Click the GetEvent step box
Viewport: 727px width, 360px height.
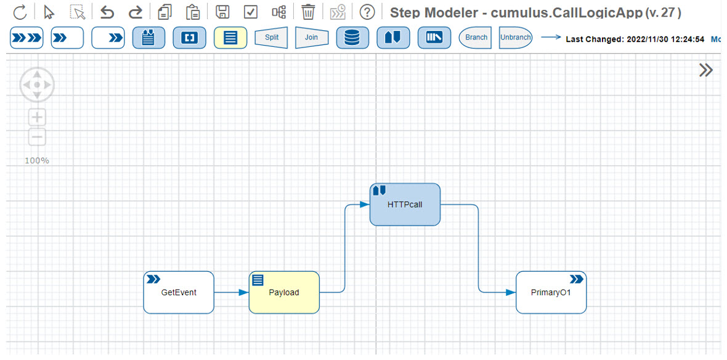pyautogui.click(x=179, y=292)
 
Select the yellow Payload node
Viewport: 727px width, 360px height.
pyautogui.click(x=284, y=292)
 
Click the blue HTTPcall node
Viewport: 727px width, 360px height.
pyautogui.click(x=405, y=204)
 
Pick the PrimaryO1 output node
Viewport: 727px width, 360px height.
pyautogui.click(x=551, y=292)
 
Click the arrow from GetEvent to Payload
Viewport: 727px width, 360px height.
pyautogui.click(x=232, y=292)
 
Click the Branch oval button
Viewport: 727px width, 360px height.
pyautogui.click(x=476, y=38)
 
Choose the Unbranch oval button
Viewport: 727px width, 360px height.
pyautogui.click(x=516, y=38)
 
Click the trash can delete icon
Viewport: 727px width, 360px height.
pyautogui.click(x=308, y=12)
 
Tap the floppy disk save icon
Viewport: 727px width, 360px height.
pyautogui.click(x=222, y=12)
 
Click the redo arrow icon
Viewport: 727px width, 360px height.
pyautogui.click(x=135, y=12)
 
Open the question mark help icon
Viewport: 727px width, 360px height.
pyautogui.click(x=367, y=12)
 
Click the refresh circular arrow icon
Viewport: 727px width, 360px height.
pyautogui.click(x=20, y=12)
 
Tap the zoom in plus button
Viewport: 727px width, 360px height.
pyautogui.click(x=38, y=117)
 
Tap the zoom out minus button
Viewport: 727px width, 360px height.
pyautogui.click(x=38, y=137)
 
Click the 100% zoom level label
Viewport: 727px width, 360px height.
pyautogui.click(x=37, y=160)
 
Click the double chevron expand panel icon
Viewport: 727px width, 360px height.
pyautogui.click(x=705, y=70)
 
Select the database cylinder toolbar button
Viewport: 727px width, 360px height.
pyautogui.click(x=352, y=38)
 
